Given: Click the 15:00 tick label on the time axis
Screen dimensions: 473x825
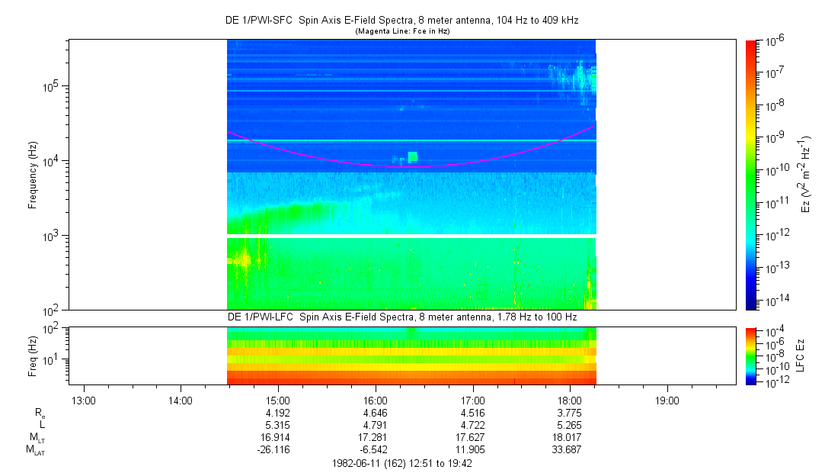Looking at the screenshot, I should [x=278, y=400].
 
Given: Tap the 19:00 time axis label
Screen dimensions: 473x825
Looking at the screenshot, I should [x=667, y=400].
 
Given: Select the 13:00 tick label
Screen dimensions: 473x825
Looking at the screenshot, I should [x=83, y=400].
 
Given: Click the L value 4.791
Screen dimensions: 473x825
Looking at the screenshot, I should [x=376, y=426].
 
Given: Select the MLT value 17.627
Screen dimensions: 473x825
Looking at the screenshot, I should [x=473, y=437].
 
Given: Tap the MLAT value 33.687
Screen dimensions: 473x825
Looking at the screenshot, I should [x=571, y=449].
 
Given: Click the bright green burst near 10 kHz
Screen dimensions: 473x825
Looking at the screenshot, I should [x=412, y=157].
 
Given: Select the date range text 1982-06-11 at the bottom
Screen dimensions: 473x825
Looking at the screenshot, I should [x=404, y=463].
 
